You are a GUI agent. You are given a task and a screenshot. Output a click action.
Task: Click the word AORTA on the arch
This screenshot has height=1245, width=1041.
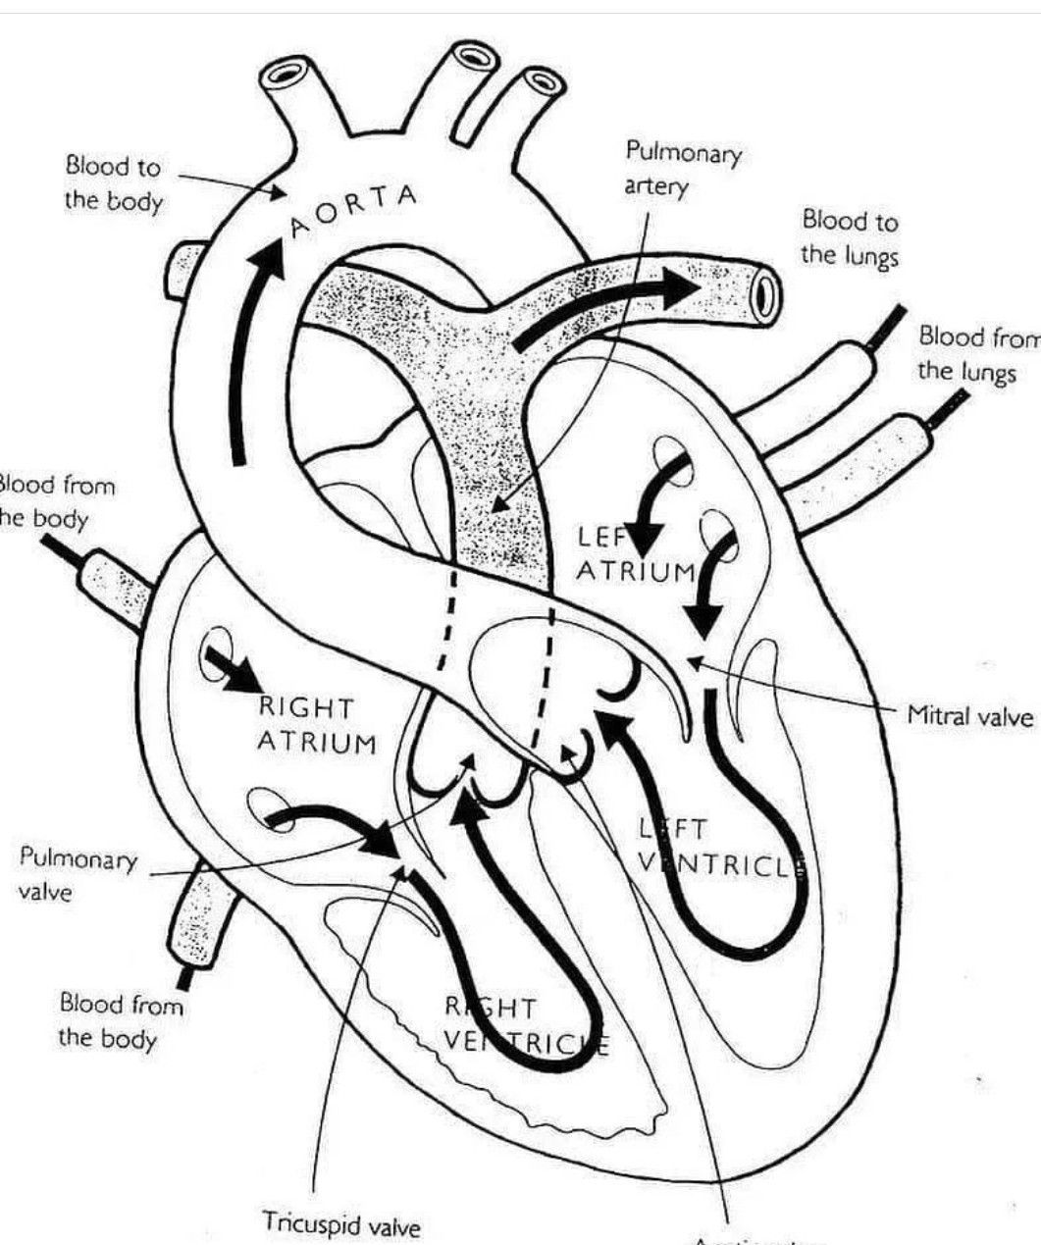[354, 209]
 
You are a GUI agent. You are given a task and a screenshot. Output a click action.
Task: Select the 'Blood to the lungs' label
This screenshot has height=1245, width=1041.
[849, 237]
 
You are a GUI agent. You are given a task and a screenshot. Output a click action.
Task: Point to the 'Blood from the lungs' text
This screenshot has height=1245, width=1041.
[976, 354]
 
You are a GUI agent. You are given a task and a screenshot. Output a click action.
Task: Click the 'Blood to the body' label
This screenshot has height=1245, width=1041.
[113, 183]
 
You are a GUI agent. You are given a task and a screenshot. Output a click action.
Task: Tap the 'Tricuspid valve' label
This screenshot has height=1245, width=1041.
[340, 1223]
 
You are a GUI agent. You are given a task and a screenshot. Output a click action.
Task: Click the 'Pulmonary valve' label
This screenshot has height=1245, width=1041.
[78, 874]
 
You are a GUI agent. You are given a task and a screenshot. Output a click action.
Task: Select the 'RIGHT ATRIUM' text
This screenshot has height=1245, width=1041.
[316, 724]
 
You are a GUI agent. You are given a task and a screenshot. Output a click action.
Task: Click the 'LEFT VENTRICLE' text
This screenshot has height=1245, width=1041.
[721, 846]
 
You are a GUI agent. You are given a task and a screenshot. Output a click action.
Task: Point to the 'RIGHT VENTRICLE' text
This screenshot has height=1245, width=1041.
[525, 1024]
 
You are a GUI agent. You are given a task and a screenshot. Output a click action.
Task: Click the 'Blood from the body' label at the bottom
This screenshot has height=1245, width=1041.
[121, 1019]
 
